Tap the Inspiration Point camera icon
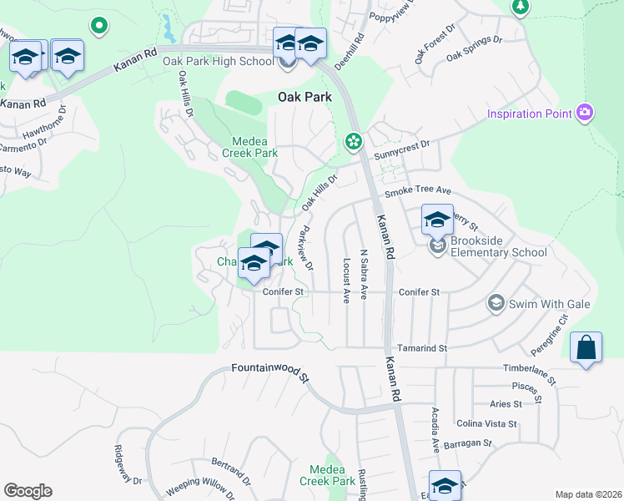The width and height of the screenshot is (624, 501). coord(585,113)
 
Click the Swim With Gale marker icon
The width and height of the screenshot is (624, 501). coord(496,303)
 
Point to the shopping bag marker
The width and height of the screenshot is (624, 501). coord(586,347)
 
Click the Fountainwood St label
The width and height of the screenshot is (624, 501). coord(269,372)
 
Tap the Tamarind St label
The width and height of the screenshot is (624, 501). coord(421,347)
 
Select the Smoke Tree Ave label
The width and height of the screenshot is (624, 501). coord(417,191)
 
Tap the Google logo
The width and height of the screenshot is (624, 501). coord(28,491)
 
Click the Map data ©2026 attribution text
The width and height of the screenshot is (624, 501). coord(587,494)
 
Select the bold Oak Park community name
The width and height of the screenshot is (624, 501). coord(304,97)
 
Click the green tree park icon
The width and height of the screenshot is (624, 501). coord(521,7)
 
